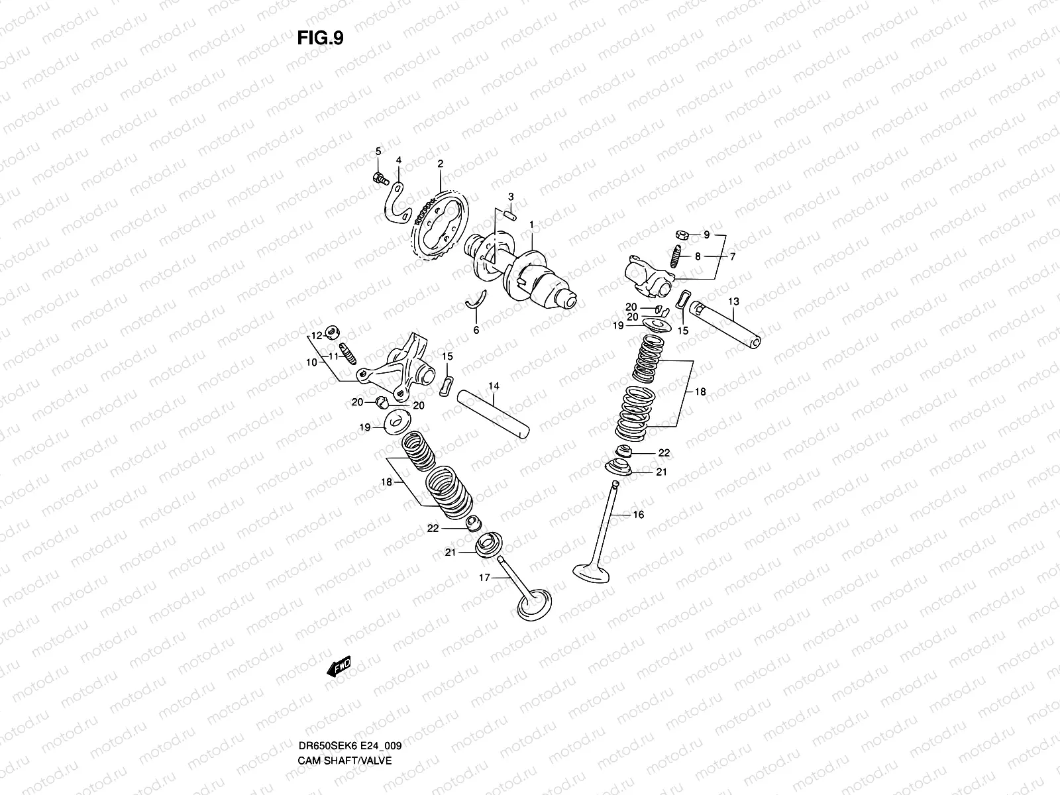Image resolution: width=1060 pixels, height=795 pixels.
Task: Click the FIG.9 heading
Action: point(320,38)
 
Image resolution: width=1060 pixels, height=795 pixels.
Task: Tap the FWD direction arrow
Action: point(337,666)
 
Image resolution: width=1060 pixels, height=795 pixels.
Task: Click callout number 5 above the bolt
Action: point(378,151)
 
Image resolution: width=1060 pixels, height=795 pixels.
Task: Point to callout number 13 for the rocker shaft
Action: point(733,301)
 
